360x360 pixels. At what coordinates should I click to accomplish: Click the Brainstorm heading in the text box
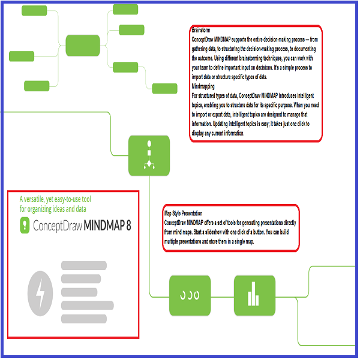[202, 29]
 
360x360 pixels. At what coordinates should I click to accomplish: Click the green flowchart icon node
[149, 155]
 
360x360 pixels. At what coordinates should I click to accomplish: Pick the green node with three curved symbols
[190, 296]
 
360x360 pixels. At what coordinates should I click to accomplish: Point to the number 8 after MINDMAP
[128, 226]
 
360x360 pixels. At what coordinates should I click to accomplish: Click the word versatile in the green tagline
[41, 199]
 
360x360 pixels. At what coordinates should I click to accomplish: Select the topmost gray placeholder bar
[84, 265]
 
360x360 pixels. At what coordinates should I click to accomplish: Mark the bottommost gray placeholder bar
[84, 319]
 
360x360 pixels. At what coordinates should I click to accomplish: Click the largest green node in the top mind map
[83, 45]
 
